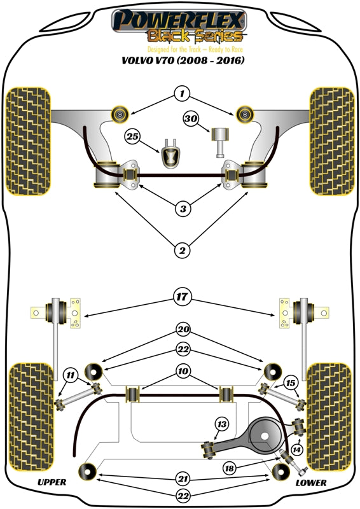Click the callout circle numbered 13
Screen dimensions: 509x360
pos(221,425)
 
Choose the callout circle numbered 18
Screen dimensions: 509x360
pos(228,468)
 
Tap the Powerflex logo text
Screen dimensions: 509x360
pos(177,22)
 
